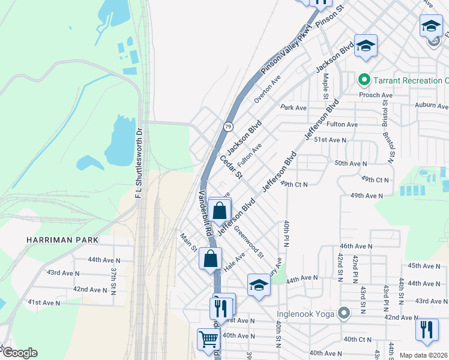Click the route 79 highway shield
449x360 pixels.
click(x=228, y=127)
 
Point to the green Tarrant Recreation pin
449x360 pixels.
click(x=363, y=80)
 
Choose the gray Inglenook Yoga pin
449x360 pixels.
click(x=343, y=313)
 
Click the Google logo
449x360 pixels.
click(x=19, y=353)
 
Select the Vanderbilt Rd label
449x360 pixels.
click(x=205, y=214)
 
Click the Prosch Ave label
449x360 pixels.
click(x=376, y=95)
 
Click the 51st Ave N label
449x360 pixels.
click(x=331, y=140)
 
